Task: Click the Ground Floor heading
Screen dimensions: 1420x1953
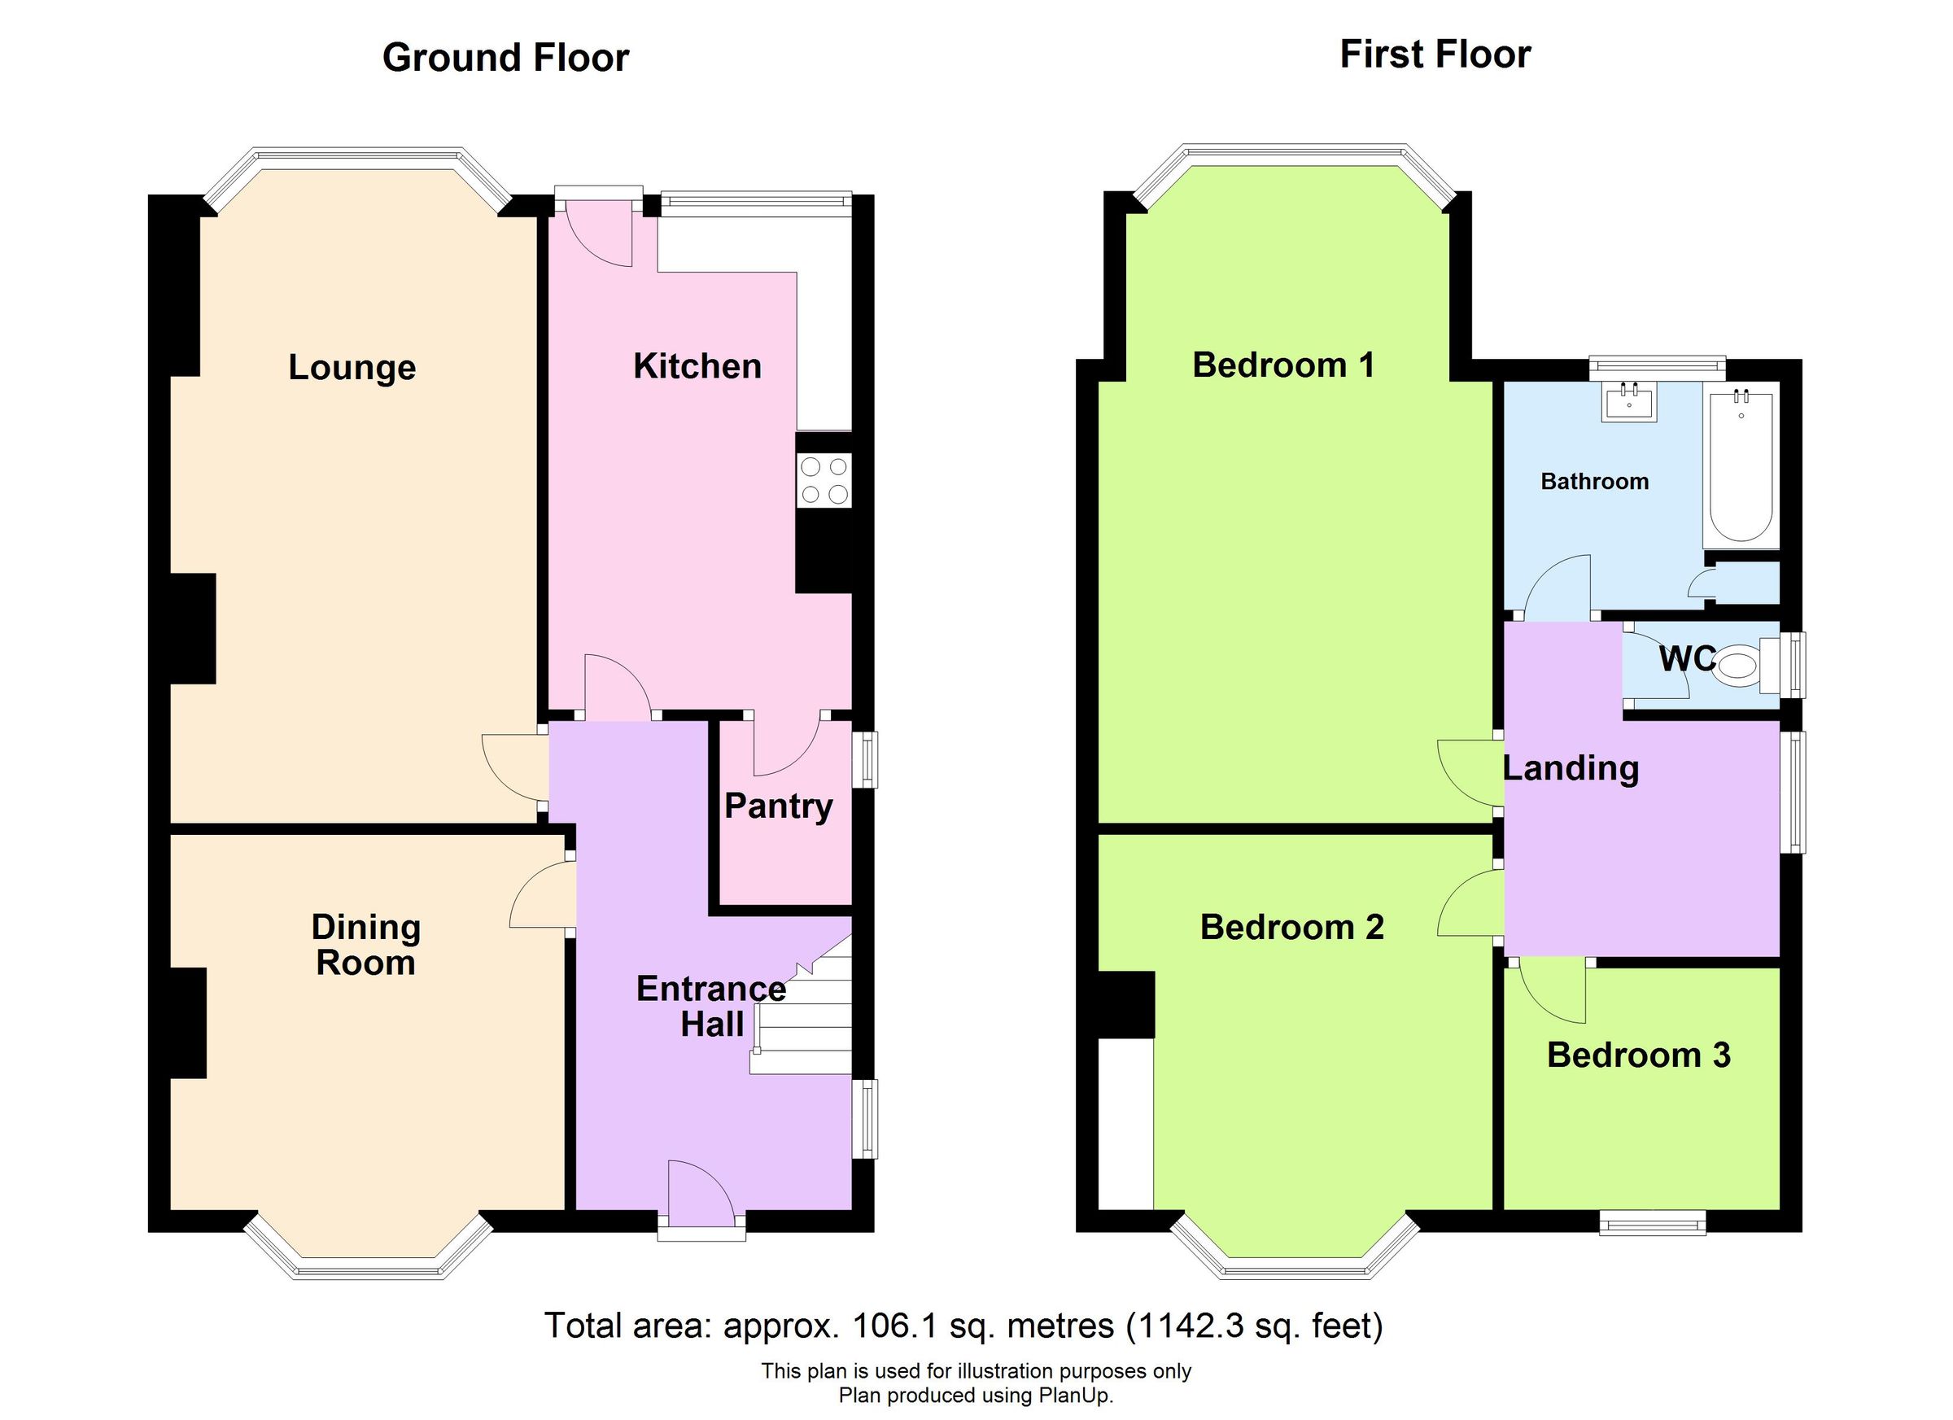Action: [x=505, y=58]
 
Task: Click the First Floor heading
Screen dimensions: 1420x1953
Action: [x=1435, y=55]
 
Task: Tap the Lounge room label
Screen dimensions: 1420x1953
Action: [x=352, y=368]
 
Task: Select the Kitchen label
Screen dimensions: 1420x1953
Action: [x=697, y=366]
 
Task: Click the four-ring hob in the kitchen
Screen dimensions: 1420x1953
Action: [x=824, y=480]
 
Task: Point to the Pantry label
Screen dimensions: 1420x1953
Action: [x=778, y=806]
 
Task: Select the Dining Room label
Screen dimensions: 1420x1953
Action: [x=365, y=945]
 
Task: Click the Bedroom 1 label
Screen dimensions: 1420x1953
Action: [x=1282, y=365]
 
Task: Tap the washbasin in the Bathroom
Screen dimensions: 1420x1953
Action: [x=1628, y=402]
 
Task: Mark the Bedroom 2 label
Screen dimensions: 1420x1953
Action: [x=1291, y=928]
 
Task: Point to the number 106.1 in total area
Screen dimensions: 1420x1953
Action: [x=893, y=1326]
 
